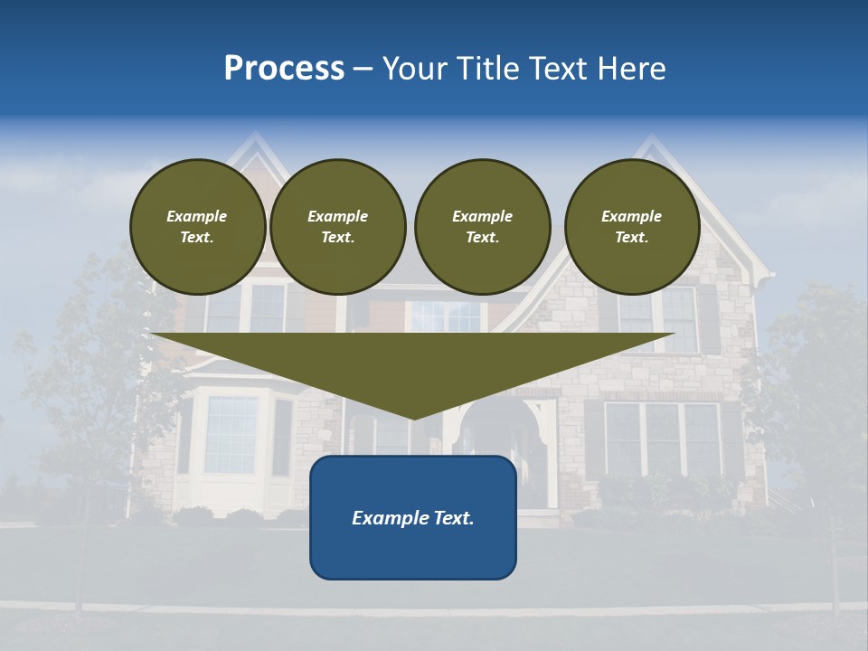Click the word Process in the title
click(x=284, y=69)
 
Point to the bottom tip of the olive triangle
click(x=413, y=417)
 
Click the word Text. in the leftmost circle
click(x=197, y=238)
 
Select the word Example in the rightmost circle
click(x=631, y=216)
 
